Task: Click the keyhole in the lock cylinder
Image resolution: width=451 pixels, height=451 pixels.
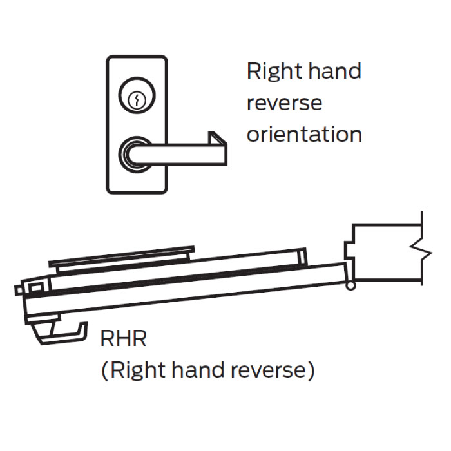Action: point(136,100)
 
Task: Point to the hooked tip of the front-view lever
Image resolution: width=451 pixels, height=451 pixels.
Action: point(216,140)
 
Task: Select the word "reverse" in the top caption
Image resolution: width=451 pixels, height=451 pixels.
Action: point(283,103)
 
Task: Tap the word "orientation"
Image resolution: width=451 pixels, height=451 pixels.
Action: point(303,134)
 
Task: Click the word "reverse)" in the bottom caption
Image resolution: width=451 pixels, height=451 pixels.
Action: point(278,370)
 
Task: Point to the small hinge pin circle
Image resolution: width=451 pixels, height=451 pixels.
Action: point(350,286)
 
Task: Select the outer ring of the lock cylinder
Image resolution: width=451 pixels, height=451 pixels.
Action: point(136,91)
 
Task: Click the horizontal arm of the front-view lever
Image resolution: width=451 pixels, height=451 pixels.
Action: point(180,153)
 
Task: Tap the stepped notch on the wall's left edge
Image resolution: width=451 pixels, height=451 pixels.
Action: point(350,248)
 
